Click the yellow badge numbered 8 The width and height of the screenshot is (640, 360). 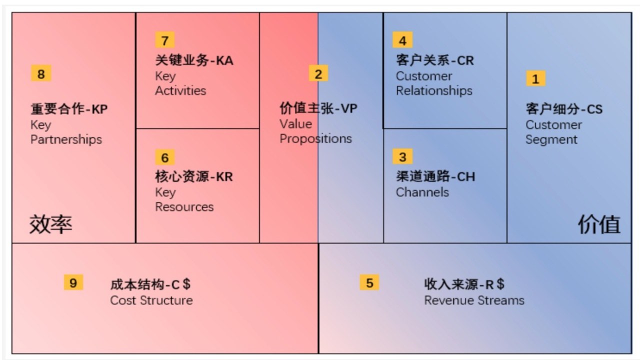(x=41, y=73)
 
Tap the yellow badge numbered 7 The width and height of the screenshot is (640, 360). (x=165, y=40)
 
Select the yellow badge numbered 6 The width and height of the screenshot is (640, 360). (x=165, y=157)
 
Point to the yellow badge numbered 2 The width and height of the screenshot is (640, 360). (x=318, y=73)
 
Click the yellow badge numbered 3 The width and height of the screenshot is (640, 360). (x=402, y=156)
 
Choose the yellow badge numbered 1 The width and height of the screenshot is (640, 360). (x=535, y=78)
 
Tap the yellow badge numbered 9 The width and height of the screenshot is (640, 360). (x=73, y=282)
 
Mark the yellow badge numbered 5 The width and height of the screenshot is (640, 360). (x=369, y=282)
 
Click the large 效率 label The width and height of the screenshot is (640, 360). (x=51, y=224)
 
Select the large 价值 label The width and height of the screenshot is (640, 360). (x=599, y=224)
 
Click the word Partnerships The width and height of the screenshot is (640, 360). (x=66, y=139)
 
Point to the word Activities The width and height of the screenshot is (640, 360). (x=180, y=90)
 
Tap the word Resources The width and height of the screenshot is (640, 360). (x=184, y=207)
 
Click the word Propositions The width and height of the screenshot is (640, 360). (x=315, y=139)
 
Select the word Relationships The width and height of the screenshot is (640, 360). (x=434, y=91)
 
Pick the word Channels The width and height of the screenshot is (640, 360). (x=422, y=192)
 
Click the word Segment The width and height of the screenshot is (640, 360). (x=551, y=139)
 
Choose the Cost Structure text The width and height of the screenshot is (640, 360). (x=151, y=300)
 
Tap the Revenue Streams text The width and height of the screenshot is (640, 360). (x=474, y=300)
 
